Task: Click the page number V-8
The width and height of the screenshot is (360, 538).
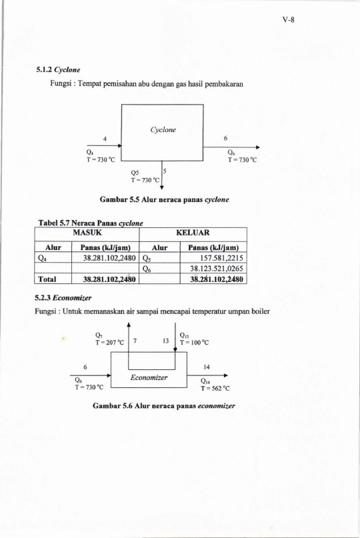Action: (288, 20)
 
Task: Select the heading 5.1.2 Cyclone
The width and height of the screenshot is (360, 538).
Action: (58, 69)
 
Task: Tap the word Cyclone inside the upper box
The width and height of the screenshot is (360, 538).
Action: (163, 130)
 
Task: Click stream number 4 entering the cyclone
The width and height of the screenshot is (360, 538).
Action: (105, 139)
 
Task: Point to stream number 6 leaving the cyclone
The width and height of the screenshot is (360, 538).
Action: (225, 138)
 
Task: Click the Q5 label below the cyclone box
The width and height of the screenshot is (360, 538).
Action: (135, 173)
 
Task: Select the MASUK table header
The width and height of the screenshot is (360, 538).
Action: (87, 233)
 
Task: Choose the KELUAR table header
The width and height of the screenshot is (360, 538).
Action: (193, 233)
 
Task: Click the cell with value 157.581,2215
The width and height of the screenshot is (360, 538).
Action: (221, 258)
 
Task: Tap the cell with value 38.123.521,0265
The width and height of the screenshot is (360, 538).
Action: (217, 268)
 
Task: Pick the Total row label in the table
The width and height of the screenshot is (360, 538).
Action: (47, 279)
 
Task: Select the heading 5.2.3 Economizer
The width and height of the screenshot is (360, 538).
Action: (63, 297)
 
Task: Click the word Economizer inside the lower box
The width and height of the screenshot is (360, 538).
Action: (149, 377)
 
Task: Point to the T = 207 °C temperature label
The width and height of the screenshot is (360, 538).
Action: (109, 343)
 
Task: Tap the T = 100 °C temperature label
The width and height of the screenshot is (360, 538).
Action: (194, 343)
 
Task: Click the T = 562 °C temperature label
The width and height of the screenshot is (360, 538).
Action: (215, 389)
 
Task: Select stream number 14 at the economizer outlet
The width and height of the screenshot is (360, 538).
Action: (206, 367)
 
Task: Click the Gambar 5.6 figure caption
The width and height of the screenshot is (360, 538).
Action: (164, 406)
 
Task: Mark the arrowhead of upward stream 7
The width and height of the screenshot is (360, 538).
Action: (129, 325)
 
